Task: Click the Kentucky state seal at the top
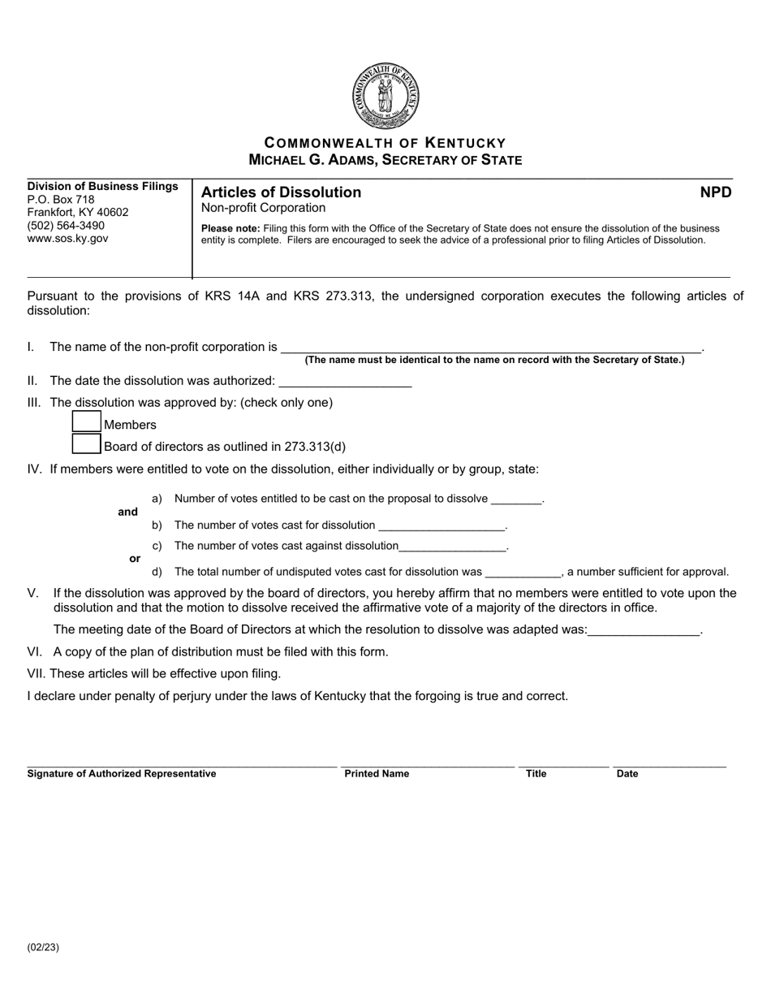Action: [x=385, y=96]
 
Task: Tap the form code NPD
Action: [x=716, y=192]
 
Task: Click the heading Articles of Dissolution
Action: [x=281, y=192]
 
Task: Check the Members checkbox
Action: [x=87, y=423]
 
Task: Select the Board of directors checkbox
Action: [x=87, y=444]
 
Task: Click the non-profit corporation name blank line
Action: [x=491, y=348]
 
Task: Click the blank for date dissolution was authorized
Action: [x=345, y=383]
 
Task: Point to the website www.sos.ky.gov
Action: [x=67, y=239]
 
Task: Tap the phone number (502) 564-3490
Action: [x=66, y=226]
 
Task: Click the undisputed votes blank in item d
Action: [x=523, y=573]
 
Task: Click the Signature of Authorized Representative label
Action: [x=122, y=774]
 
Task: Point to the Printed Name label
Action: [x=377, y=774]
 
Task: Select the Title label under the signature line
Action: [x=536, y=774]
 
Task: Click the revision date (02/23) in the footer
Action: [x=43, y=947]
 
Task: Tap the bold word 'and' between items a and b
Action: [x=127, y=512]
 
